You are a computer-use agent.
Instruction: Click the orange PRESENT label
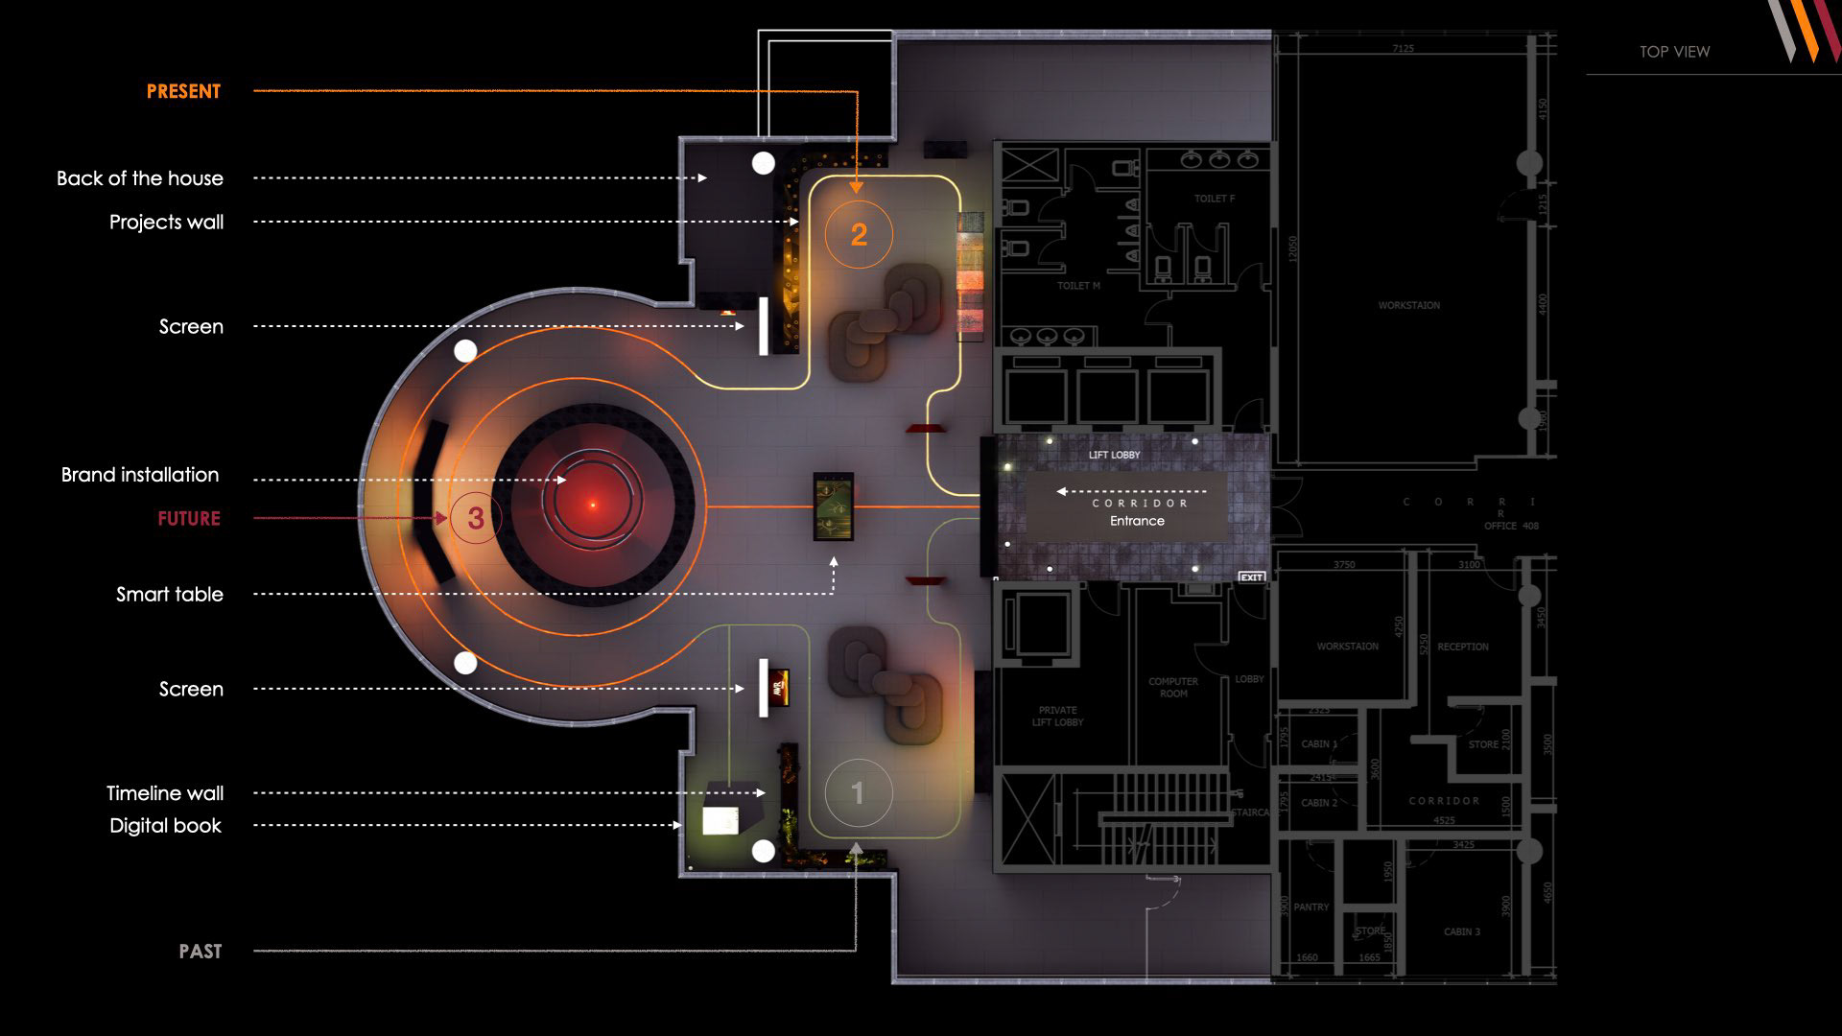(x=183, y=92)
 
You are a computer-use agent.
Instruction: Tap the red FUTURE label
(x=189, y=519)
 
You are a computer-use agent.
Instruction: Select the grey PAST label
(x=200, y=952)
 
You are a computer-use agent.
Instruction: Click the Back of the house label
(x=140, y=178)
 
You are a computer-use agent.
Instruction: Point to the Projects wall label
(x=166, y=223)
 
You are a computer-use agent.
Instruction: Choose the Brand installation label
(x=140, y=475)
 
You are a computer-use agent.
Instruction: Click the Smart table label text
(x=170, y=595)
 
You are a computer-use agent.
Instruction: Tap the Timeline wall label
(x=165, y=794)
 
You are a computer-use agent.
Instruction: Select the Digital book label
(x=165, y=826)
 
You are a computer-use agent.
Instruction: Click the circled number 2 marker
(x=859, y=234)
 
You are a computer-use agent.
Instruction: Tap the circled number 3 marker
(x=475, y=519)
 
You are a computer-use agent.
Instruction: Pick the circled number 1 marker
(x=858, y=793)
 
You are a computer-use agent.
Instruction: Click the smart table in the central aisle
(x=833, y=506)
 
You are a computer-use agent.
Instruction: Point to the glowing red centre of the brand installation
(x=593, y=505)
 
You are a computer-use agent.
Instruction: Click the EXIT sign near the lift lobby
(x=1251, y=577)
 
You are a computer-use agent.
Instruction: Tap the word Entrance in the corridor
(x=1137, y=521)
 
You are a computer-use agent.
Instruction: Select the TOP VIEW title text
(x=1674, y=52)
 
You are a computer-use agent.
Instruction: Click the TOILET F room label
(x=1214, y=199)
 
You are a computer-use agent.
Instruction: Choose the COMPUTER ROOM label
(x=1172, y=687)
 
